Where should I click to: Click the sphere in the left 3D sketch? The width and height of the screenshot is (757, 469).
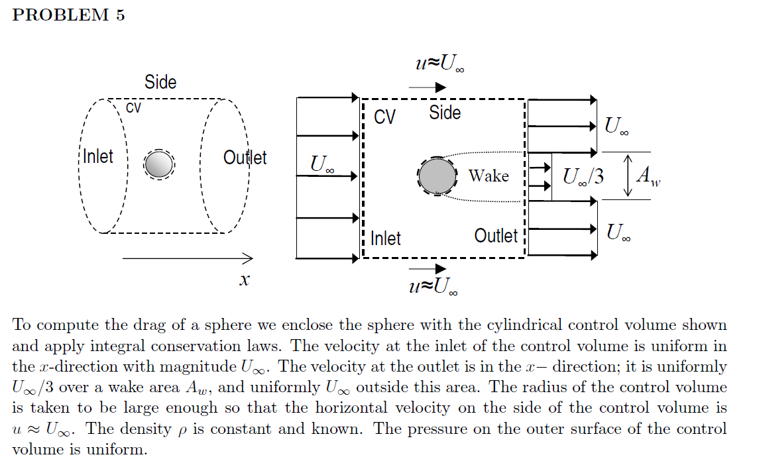pyautogui.click(x=158, y=164)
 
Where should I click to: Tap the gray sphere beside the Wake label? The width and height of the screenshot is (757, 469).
pyautogui.click(x=437, y=176)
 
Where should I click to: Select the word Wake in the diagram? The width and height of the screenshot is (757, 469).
pyautogui.click(x=489, y=176)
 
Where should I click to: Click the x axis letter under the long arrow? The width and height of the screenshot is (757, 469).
pyautogui.click(x=244, y=281)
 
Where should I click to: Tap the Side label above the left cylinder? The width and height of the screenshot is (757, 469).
pyautogui.click(x=160, y=82)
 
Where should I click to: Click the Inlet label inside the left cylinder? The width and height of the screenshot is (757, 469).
pyautogui.click(x=98, y=157)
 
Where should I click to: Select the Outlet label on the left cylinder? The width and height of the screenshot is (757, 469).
pyautogui.click(x=245, y=158)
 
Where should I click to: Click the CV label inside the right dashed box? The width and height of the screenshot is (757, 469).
pyautogui.click(x=384, y=117)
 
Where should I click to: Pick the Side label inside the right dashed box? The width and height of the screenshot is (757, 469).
pyautogui.click(x=445, y=113)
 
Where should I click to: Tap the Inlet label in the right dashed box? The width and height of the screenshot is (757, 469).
pyautogui.click(x=386, y=238)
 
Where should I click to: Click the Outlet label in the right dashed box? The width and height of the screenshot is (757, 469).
pyautogui.click(x=496, y=236)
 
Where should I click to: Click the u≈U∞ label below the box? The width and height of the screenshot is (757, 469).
pyautogui.click(x=434, y=286)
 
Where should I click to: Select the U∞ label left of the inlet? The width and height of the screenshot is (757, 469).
pyautogui.click(x=323, y=164)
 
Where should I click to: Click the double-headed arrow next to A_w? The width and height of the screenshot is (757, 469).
pyautogui.click(x=628, y=176)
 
